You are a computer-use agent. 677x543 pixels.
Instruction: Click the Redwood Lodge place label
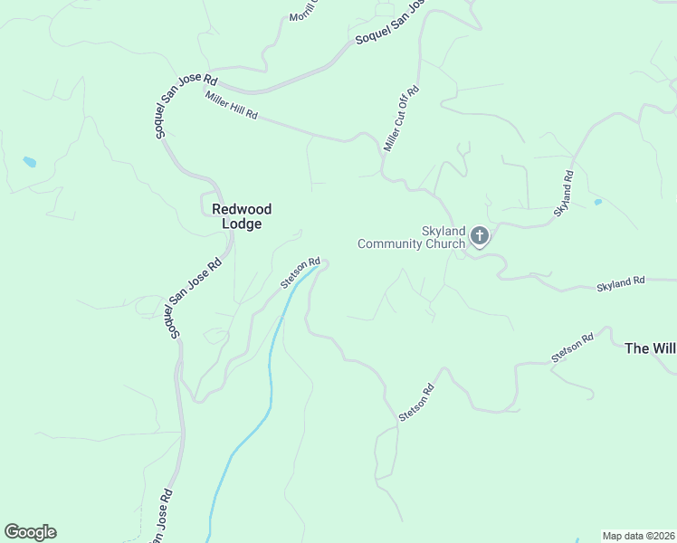click(x=242, y=216)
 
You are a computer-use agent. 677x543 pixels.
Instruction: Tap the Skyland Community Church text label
click(x=411, y=237)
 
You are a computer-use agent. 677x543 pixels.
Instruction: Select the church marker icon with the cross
click(x=480, y=237)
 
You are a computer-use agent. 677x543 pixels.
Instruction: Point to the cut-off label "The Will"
click(x=650, y=348)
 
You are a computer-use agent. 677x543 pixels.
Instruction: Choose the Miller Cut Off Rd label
click(x=402, y=119)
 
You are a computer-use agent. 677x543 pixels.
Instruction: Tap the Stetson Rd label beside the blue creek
click(x=300, y=271)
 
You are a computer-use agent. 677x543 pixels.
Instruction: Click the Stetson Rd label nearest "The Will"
click(x=572, y=348)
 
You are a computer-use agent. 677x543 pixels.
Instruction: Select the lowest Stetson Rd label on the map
click(x=417, y=402)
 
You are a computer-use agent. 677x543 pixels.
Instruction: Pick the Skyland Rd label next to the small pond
click(x=563, y=192)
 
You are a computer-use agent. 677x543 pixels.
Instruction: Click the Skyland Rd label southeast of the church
click(x=620, y=283)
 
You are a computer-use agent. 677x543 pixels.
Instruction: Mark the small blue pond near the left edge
click(x=30, y=162)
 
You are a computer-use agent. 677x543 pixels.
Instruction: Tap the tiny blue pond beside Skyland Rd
click(x=597, y=202)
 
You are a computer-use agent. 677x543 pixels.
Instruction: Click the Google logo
click(x=30, y=531)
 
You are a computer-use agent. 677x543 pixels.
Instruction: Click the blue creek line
click(x=269, y=380)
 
